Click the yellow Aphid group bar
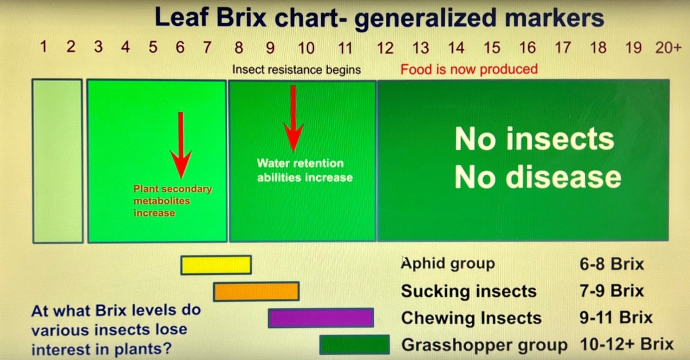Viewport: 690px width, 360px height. (x=216, y=265)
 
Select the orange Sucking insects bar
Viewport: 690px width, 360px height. (x=256, y=291)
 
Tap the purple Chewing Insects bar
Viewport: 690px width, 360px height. (x=321, y=318)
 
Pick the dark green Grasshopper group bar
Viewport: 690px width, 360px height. (x=354, y=344)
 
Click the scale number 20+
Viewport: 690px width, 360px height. (x=668, y=47)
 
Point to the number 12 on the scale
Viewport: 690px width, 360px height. (x=385, y=48)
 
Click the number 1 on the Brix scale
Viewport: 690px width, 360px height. (x=43, y=46)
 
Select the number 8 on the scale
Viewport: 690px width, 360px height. (x=238, y=47)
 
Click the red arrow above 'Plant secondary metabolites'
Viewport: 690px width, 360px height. (x=181, y=145)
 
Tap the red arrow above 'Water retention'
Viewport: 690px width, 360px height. (x=293, y=118)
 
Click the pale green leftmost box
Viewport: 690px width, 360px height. (x=57, y=161)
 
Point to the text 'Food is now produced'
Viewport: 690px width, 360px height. (x=469, y=69)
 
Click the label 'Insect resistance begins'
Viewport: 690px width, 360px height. (x=296, y=69)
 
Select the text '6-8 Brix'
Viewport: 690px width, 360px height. (x=611, y=264)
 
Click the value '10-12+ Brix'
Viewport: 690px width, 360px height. (x=626, y=344)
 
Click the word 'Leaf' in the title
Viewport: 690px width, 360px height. (x=182, y=17)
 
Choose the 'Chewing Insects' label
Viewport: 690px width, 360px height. (x=471, y=318)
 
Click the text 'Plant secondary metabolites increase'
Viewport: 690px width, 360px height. (x=172, y=201)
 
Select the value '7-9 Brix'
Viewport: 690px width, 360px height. (x=611, y=290)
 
